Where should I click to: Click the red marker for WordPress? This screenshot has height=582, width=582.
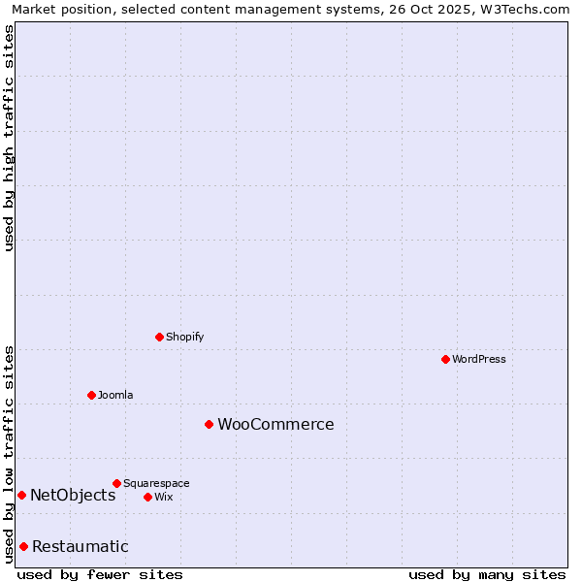(x=445, y=359)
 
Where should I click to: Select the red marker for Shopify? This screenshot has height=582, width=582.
(x=159, y=337)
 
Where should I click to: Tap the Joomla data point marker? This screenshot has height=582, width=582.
(x=91, y=395)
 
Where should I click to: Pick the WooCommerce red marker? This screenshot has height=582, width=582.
(x=209, y=424)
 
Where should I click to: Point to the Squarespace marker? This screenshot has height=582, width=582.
(x=116, y=483)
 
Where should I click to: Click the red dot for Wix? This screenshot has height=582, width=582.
(x=147, y=497)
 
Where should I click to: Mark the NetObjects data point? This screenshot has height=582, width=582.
(x=21, y=495)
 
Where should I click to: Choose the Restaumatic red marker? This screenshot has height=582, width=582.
(x=23, y=546)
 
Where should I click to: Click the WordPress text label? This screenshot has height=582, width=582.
(x=479, y=359)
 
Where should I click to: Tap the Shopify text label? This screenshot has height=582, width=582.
(x=185, y=337)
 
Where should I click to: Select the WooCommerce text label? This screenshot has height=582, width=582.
(x=275, y=424)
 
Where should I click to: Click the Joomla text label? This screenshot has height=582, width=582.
(x=115, y=395)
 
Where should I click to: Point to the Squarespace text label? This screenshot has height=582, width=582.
(x=156, y=483)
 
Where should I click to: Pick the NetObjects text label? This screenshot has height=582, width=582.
(x=73, y=495)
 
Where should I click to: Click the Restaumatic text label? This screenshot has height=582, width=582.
(x=81, y=546)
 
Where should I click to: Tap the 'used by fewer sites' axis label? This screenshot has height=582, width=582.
(x=100, y=574)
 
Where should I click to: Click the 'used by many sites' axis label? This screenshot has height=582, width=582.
(x=487, y=574)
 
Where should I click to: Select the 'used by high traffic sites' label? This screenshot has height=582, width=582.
(x=9, y=138)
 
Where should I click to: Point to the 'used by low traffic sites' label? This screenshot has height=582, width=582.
(x=9, y=454)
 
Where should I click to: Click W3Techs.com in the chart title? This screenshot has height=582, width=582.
(x=525, y=9)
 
